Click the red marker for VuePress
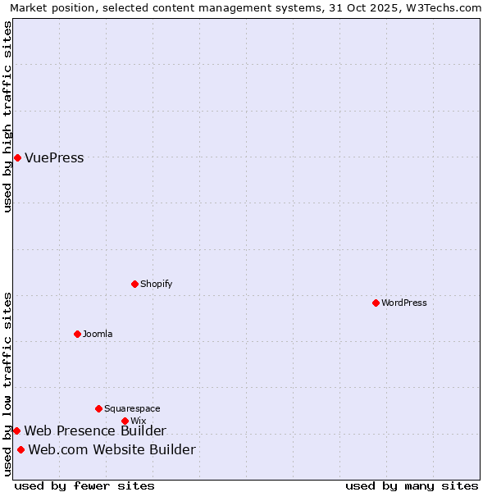click(17, 157)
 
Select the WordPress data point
click(376, 303)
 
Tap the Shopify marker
click(134, 284)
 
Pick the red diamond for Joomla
click(77, 334)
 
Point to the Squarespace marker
click(98, 408)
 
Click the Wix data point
click(125, 421)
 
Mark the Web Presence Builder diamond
click(16, 430)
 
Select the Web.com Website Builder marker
click(20, 449)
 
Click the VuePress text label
click(54, 158)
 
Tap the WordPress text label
click(404, 303)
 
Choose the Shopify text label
click(156, 284)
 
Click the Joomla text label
click(98, 334)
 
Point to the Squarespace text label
click(132, 408)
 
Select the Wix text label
click(138, 421)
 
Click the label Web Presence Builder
click(95, 431)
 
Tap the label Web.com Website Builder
click(112, 450)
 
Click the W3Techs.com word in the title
click(448, 7)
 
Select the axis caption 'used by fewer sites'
click(84, 485)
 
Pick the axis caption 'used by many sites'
click(412, 485)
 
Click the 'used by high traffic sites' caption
click(8, 116)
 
